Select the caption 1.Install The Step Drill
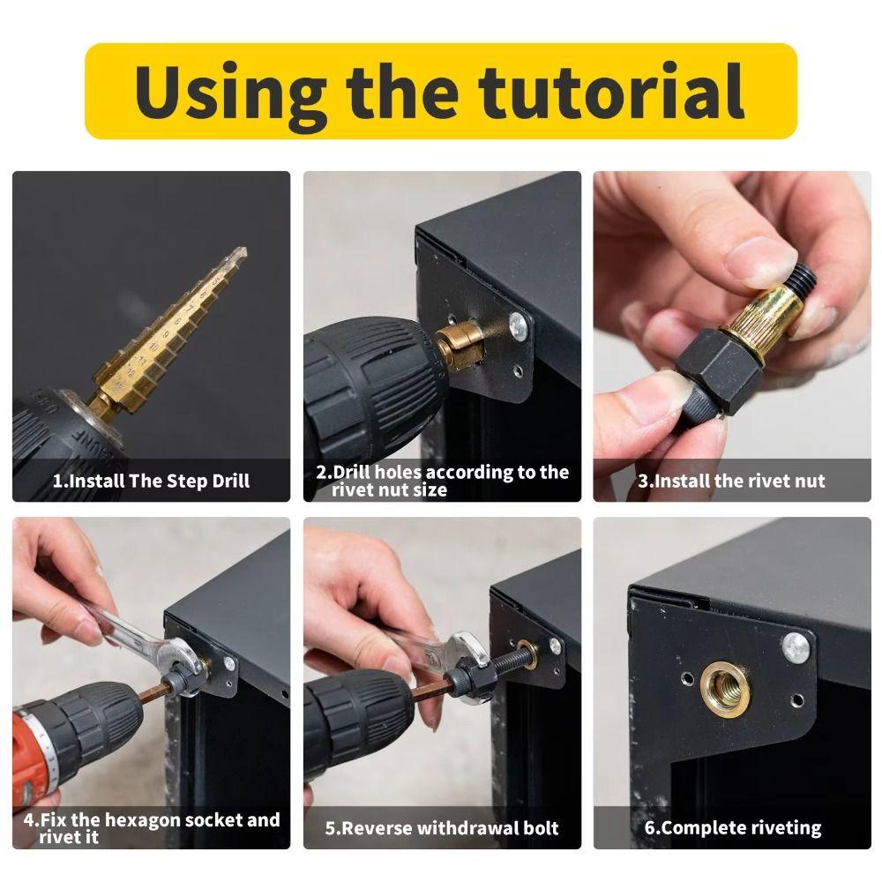click(x=151, y=482)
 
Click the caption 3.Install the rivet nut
click(x=731, y=482)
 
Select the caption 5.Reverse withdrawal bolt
click(x=441, y=828)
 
